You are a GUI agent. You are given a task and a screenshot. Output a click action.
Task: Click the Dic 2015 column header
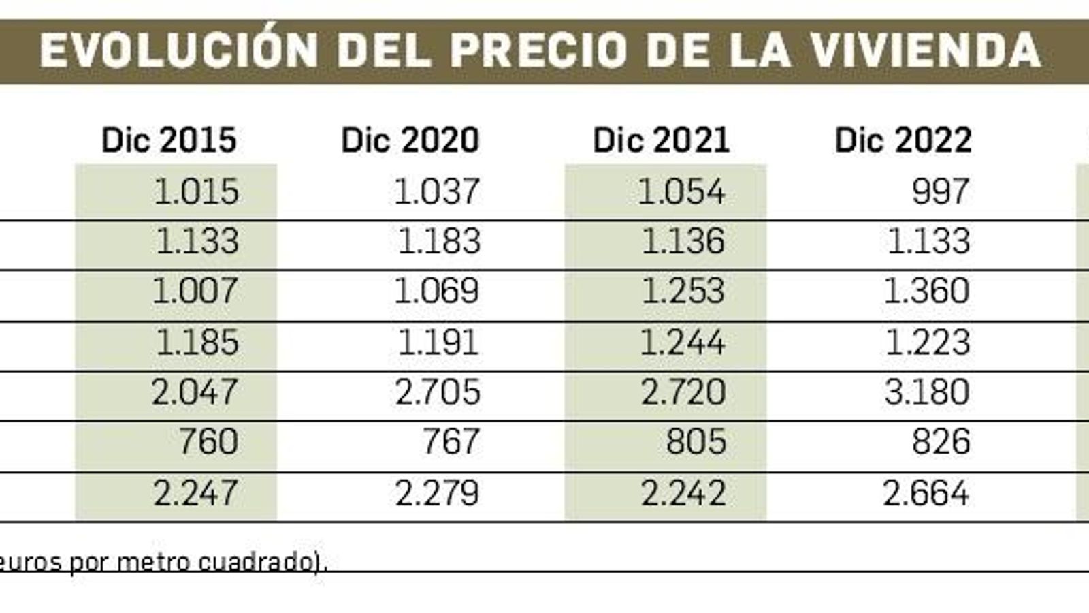169,140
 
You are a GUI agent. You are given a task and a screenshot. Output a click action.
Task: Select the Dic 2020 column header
410,140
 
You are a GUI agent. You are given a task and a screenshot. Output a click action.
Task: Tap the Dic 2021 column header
661,140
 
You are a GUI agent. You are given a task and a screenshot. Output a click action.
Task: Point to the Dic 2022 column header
903,140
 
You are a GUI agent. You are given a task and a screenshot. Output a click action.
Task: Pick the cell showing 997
941,191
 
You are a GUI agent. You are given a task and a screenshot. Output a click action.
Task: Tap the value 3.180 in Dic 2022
927,392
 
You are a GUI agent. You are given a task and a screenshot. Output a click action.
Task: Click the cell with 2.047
195,392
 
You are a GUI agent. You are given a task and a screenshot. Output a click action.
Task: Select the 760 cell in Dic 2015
208,442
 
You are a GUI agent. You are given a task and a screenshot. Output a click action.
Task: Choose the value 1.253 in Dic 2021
683,292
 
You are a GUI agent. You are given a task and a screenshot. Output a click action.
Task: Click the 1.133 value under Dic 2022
928,242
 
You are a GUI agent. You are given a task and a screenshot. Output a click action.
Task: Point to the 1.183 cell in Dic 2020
439,242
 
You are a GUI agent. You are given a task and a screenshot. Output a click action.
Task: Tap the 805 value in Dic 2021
696,442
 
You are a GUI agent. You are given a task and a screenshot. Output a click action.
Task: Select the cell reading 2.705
438,392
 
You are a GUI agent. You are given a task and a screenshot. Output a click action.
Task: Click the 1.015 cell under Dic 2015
196,191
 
